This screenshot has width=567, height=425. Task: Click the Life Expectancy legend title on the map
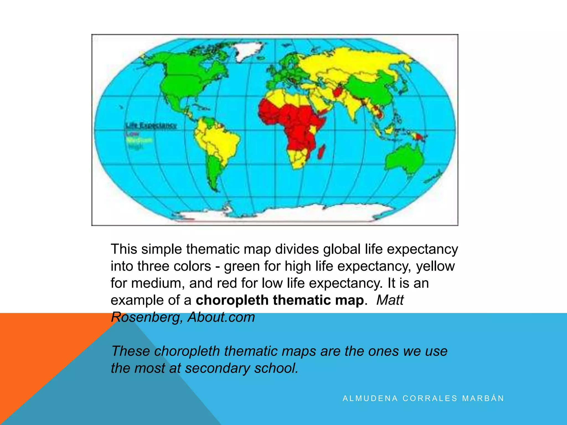tap(151, 125)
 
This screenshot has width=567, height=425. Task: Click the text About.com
tap(221, 317)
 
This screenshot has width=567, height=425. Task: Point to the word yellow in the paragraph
tap(435, 266)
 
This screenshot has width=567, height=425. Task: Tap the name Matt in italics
tap(390, 300)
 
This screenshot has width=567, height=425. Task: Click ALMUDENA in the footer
tap(370, 398)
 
